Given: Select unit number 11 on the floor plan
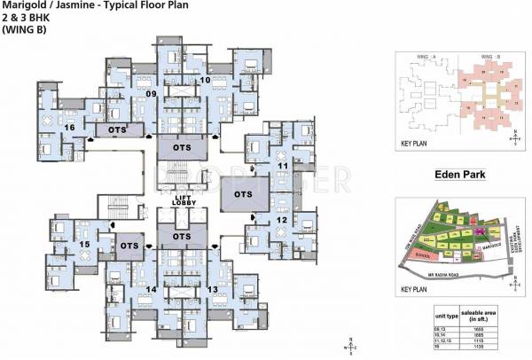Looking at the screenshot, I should pyautogui.click(x=283, y=166).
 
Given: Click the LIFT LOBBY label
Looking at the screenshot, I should pyautogui.click(x=184, y=203).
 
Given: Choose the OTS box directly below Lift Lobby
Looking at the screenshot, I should pyautogui.click(x=183, y=237).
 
